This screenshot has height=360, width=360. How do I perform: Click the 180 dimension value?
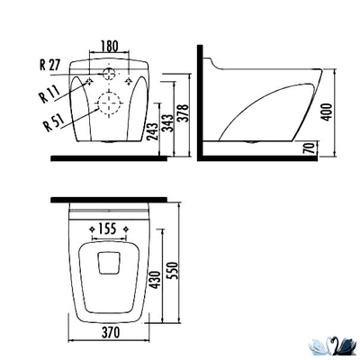(110, 46)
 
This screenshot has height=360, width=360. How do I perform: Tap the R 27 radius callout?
(50, 65)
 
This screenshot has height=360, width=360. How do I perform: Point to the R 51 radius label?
(54, 122)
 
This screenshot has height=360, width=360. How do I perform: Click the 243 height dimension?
(153, 131)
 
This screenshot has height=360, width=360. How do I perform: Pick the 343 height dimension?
(167, 122)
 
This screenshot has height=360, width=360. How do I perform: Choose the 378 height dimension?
(183, 112)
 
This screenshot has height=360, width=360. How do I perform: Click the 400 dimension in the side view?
(327, 112)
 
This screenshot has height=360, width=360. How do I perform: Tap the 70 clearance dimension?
(310, 148)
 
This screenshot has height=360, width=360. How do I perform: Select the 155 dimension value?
(107, 229)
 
